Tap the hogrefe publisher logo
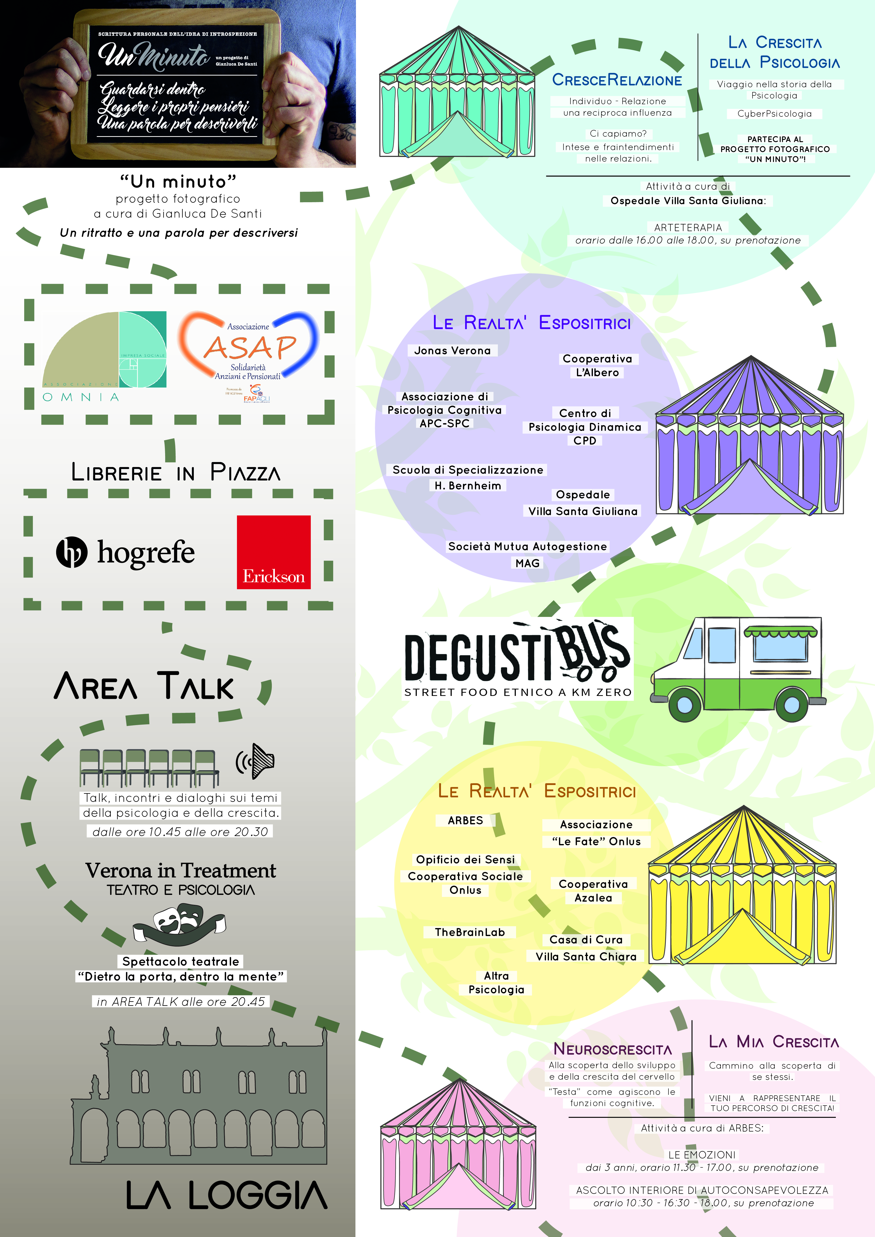[125, 552]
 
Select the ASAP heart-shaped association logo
[248, 348]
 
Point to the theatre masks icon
[179, 922]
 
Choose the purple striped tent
[750, 436]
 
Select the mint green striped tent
[457, 93]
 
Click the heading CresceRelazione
[617, 80]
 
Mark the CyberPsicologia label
[774, 114]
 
